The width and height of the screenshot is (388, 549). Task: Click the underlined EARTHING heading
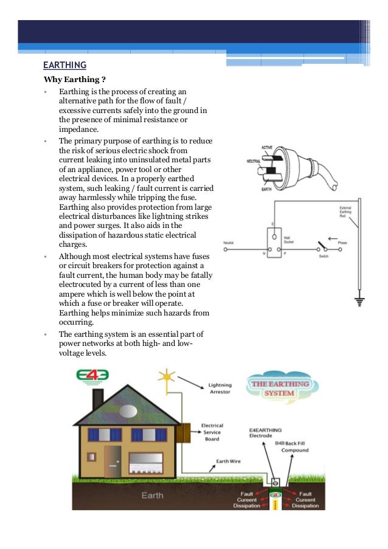tap(65, 65)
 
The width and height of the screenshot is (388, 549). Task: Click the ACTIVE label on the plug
tap(267, 148)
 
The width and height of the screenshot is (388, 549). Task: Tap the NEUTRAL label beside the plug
tap(254, 162)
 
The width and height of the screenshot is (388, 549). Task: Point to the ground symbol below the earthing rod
tap(359, 301)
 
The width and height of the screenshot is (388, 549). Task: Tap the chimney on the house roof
tap(97, 398)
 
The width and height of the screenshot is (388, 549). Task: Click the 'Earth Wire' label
tap(229, 461)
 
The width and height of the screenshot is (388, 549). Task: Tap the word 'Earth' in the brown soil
tap(152, 495)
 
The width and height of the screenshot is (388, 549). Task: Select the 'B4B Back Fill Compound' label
tap(294, 446)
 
